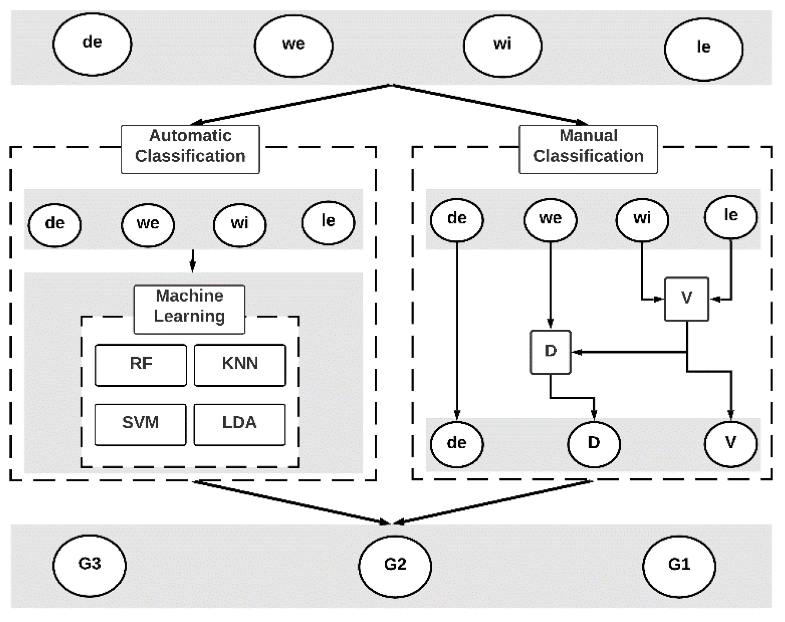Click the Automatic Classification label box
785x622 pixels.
coord(190,149)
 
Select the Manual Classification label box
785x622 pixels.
coord(588,149)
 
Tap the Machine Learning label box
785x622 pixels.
coord(189,309)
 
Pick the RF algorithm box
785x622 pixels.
coord(141,365)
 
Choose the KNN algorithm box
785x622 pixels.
coord(240,365)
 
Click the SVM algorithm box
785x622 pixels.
coord(140,424)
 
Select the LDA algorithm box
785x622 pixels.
coord(240,424)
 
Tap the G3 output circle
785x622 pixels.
coord(89,566)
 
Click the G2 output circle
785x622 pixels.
coord(395,566)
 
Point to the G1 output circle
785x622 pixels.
coord(679,566)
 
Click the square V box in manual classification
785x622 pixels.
coord(687,299)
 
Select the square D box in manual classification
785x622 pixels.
coord(550,352)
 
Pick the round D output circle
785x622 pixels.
coord(594,444)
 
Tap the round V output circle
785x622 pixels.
coord(730,444)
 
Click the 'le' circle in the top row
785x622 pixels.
coord(704,49)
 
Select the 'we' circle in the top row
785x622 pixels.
coord(294,46)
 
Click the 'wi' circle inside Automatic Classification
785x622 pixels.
coord(240,225)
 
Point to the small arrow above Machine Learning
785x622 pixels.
coord(192,261)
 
